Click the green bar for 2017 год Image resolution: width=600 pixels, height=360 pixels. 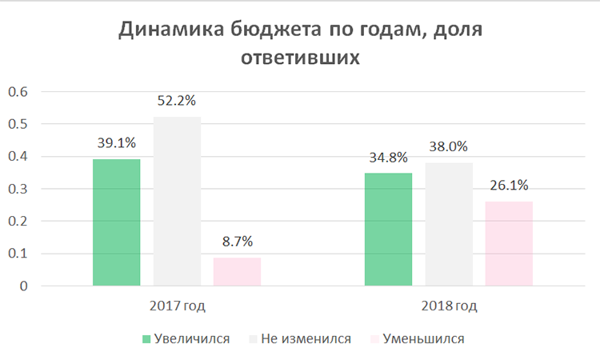[117, 222]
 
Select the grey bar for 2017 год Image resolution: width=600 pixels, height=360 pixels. [177, 201]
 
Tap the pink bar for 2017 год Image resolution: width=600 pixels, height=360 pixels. [237, 271]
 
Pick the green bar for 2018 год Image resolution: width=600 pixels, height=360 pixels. [388, 229]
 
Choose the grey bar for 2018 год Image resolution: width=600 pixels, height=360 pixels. [449, 224]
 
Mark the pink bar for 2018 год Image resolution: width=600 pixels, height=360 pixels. [509, 243]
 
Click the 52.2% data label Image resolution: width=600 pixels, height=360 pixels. [177, 102]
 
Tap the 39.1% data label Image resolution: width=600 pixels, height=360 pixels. [117, 143]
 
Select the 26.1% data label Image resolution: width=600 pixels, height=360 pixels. [509, 186]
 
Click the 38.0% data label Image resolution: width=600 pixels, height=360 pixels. [449, 147]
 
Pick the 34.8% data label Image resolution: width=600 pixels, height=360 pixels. [388, 158]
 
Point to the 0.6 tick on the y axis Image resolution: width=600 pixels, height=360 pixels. [18, 92]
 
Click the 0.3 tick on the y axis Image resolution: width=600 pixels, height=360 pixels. [18, 189]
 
